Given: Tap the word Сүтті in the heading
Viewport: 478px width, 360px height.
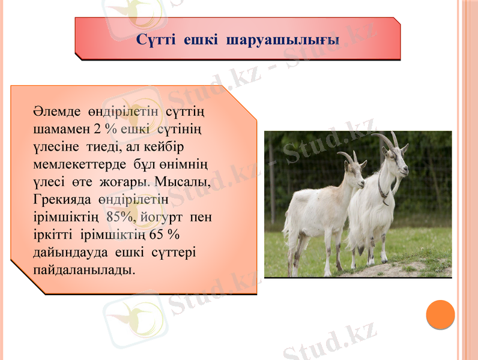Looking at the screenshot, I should [x=156, y=40].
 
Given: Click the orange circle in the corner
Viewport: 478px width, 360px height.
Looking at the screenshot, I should [x=440, y=314].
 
